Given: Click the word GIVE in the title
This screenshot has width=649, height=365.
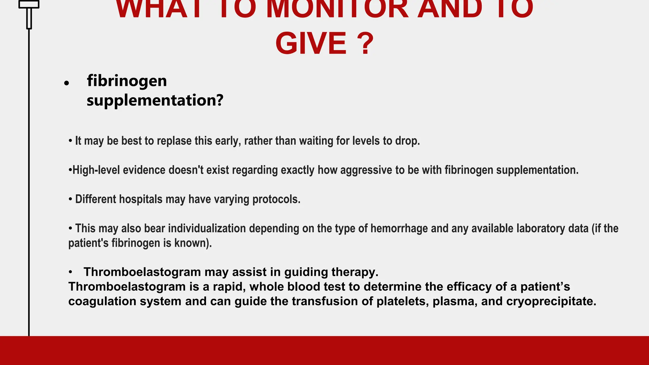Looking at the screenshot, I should click(311, 44).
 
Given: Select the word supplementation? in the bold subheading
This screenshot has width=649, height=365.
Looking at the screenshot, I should click(155, 100).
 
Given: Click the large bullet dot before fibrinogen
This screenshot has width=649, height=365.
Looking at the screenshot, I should click(66, 83).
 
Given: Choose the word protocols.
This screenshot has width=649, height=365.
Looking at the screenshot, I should click(276, 199).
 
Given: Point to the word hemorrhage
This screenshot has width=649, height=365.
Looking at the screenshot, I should click(396, 228).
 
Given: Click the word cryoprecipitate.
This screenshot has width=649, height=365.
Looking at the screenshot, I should click(551, 301).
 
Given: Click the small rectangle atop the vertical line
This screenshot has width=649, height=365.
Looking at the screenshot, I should click(29, 4).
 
